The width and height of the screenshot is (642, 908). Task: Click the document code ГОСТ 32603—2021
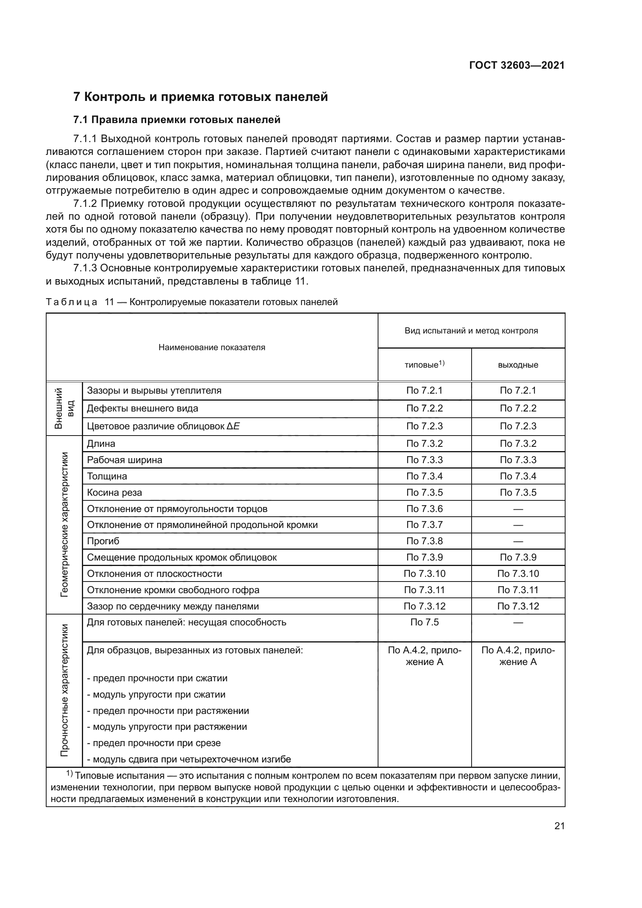point(517,65)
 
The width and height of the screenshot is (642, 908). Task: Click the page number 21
point(559,826)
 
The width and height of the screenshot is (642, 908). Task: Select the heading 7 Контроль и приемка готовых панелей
point(200,97)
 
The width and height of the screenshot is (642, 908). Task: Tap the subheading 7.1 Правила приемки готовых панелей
point(177,120)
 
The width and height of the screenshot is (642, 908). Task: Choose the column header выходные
point(518,365)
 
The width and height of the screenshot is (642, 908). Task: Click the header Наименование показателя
point(212,347)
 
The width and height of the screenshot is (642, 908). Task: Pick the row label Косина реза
point(114,492)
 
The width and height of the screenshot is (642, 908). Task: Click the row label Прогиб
point(103,541)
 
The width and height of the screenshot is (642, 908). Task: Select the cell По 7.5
point(424,622)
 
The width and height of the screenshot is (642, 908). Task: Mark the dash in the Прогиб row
point(518,542)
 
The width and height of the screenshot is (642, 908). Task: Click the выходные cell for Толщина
point(518,476)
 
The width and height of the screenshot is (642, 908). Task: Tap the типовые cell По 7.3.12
point(424,606)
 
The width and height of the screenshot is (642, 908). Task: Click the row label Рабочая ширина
point(125,460)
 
